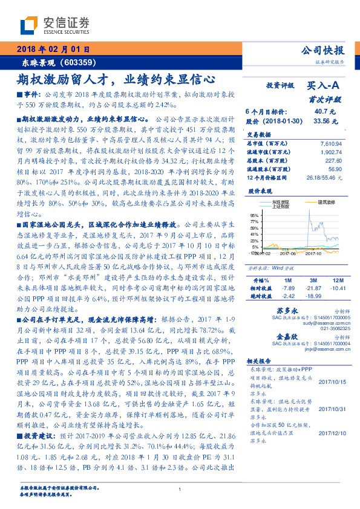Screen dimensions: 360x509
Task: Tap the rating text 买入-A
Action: [x=324, y=87]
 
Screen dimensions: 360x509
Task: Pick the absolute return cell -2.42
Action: [x=287, y=297]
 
